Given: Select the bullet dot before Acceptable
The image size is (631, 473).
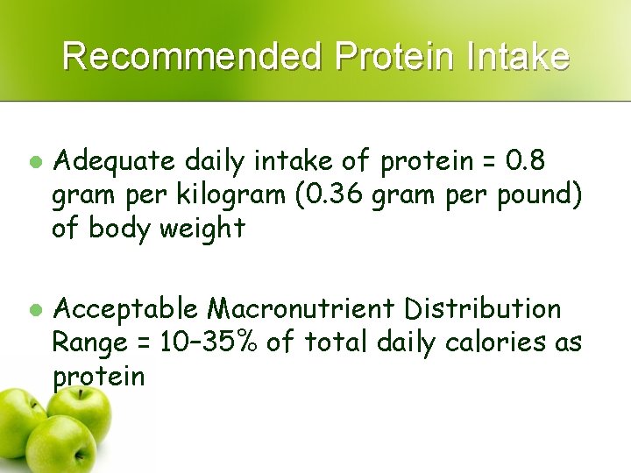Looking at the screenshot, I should [35, 309].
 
